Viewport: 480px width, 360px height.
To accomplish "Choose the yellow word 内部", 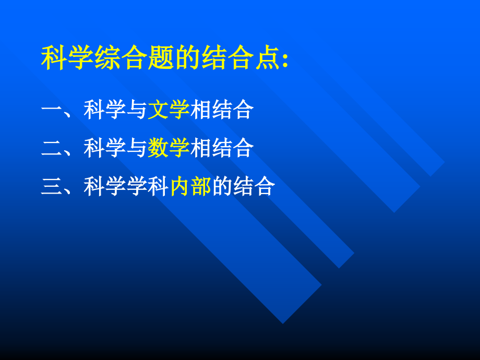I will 190,186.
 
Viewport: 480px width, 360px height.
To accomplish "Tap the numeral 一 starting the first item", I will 51,110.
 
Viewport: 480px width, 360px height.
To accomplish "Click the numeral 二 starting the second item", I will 51,148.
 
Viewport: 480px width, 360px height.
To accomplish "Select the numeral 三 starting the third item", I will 51,186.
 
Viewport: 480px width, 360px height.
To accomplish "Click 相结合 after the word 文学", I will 222,110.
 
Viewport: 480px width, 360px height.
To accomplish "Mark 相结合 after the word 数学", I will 222,148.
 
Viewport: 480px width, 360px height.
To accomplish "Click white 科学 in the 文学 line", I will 104,110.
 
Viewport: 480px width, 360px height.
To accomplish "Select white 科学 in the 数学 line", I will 104,148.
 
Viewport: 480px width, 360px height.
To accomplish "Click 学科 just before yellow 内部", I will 148,186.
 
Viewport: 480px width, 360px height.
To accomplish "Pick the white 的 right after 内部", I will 222,186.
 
